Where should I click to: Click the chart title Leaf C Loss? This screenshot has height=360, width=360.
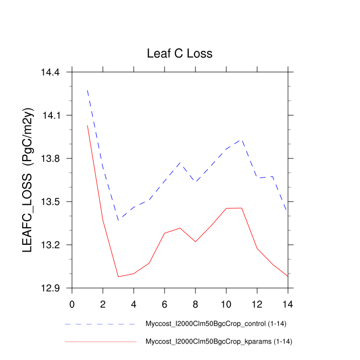179,53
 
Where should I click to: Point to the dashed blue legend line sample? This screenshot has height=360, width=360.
100,325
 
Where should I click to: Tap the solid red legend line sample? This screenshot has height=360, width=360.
100,341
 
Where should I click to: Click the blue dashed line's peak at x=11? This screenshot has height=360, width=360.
242,139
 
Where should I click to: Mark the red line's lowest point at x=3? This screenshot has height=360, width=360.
118,277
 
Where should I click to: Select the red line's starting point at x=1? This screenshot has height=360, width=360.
87,125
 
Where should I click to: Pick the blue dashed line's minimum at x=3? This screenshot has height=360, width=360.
118,220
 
